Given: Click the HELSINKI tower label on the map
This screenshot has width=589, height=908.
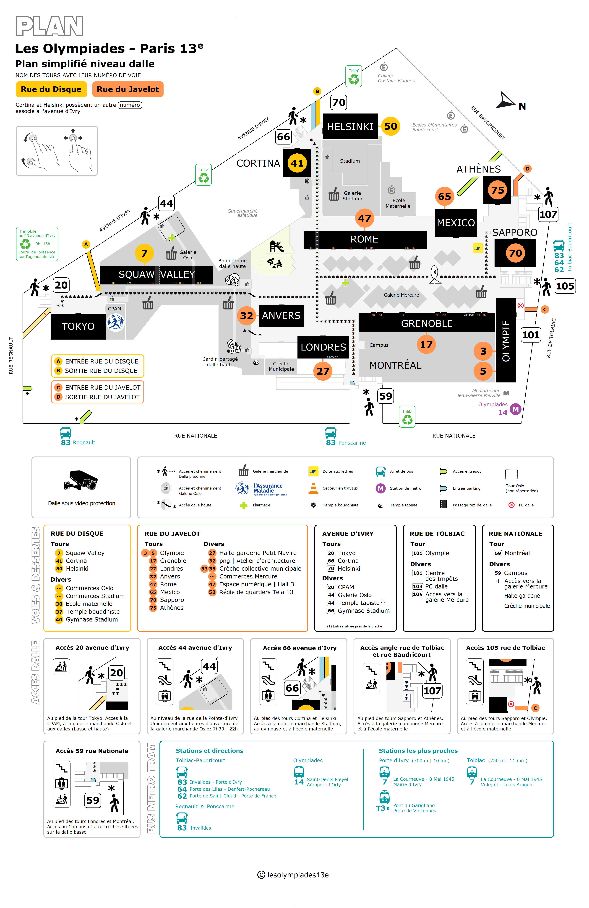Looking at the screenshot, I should point(350,127).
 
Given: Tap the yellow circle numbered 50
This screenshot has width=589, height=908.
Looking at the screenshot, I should point(391,126).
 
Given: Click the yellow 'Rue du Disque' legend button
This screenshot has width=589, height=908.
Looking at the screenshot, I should point(51,89).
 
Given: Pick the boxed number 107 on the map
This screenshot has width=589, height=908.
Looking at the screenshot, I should point(548,214).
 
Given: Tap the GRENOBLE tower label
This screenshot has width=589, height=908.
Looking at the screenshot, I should point(427,324).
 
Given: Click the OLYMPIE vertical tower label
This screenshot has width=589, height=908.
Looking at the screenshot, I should point(506,341).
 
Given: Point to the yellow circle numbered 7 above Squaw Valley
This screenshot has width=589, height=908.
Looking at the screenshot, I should point(144,253).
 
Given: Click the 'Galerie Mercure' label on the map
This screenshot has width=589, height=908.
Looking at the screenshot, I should point(401,295).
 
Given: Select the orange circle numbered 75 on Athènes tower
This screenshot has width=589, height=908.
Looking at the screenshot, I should point(497,190).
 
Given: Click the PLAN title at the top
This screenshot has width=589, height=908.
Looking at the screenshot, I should point(50,26).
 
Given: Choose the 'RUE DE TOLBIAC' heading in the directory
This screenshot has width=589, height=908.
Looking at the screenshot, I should point(437,534).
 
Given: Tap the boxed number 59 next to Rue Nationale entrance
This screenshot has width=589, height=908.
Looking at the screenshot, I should point(386,396).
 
